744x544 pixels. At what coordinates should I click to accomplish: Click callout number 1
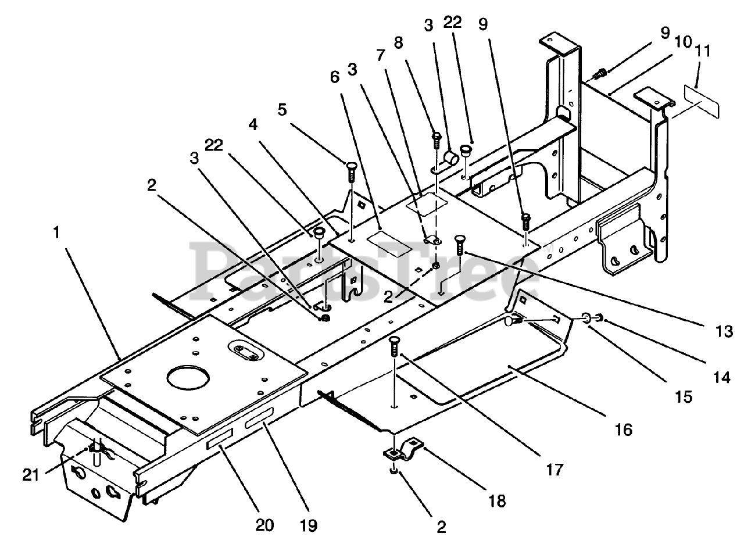pos(56,232)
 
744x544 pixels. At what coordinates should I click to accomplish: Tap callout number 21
pos(31,475)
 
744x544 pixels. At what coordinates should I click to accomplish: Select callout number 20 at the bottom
pos(264,525)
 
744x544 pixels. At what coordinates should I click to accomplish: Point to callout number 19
pos(308,526)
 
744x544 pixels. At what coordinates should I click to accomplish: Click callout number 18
pos(497,500)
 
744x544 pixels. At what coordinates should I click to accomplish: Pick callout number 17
pos(555,470)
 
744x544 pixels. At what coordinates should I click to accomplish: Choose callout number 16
pos(624,430)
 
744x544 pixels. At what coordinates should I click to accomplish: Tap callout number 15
pos(684,396)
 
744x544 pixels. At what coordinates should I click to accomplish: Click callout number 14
pos(721,378)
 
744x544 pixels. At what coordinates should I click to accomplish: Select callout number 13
pos(724,331)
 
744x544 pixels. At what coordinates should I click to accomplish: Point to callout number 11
pos(702,51)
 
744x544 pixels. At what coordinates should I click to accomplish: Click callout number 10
pos(683,42)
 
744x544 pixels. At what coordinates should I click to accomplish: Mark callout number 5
pos(282,109)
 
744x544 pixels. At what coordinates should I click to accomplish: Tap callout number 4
pos(253,125)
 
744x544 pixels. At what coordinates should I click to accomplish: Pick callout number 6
pos(335,77)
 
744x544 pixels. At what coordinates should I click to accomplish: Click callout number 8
pos(398,43)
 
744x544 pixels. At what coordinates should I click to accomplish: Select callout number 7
pos(380,55)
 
